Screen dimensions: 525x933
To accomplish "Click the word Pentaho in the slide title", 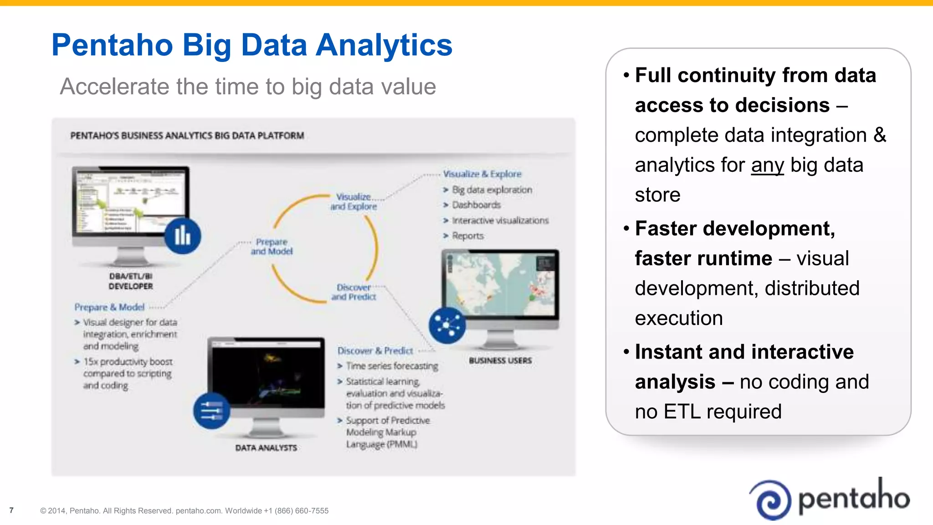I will tap(112, 45).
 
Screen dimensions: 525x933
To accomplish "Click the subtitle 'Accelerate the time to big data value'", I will tap(248, 87).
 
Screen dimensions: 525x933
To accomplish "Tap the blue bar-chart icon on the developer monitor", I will tap(182, 236).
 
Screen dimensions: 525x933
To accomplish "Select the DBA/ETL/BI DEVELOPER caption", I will tap(131, 281).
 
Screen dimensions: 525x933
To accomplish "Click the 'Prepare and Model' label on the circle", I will tap(272, 247).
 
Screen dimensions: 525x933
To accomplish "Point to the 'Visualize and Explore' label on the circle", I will tap(354, 201).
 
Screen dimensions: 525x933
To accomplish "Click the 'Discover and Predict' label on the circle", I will tap(354, 292).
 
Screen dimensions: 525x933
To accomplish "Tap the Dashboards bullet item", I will tap(476, 205).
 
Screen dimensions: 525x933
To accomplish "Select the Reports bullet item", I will tap(467, 236).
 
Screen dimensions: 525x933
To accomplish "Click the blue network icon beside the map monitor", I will tap(447, 325).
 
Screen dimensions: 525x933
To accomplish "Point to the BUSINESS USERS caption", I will tap(500, 360).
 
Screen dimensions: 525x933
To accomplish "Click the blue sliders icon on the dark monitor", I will tap(211, 410).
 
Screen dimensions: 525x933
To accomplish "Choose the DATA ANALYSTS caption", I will tap(266, 448).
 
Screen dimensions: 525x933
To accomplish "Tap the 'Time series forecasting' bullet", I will tap(392, 366).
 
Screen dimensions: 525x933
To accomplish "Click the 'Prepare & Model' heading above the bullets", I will tap(109, 307).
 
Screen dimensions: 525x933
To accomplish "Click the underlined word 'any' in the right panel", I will tap(767, 165).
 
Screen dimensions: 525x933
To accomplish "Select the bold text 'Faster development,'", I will tap(735, 228).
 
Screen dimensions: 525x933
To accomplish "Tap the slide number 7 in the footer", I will tap(11, 510).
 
